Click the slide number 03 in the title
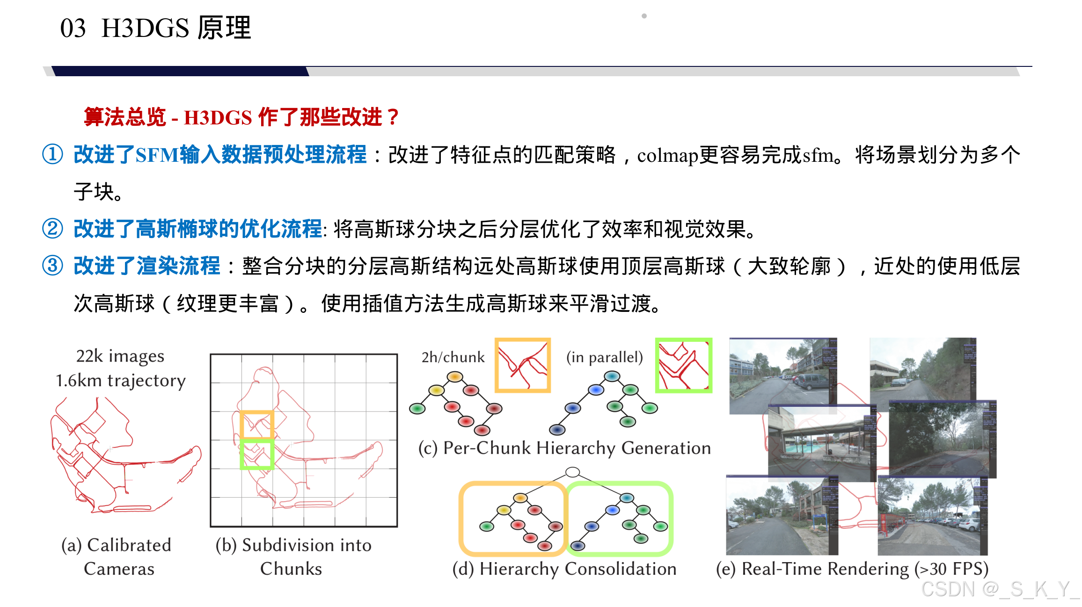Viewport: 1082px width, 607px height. click(73, 28)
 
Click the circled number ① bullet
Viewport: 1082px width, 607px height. click(52, 154)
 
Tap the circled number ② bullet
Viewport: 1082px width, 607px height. click(52, 229)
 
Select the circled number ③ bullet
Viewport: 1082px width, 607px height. click(52, 266)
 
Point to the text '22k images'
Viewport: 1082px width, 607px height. click(120, 356)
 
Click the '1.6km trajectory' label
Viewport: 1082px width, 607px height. click(121, 381)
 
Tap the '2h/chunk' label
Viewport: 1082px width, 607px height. click(453, 357)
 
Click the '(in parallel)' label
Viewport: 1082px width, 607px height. click(604, 357)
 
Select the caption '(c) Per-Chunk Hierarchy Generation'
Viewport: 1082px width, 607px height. click(564, 448)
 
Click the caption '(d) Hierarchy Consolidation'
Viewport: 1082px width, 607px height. click(564, 569)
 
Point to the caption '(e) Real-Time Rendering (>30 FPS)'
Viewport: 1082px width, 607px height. click(852, 569)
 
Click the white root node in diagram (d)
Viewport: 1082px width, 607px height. click(572, 472)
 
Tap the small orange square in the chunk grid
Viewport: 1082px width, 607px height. click(256, 424)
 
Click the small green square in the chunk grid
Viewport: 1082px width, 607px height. click(256, 454)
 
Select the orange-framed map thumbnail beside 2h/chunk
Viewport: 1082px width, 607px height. click(523, 365)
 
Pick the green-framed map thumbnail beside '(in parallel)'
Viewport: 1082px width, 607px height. click(683, 365)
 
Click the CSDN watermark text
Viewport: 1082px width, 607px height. click(999, 589)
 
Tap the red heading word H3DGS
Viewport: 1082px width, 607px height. click(218, 118)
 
